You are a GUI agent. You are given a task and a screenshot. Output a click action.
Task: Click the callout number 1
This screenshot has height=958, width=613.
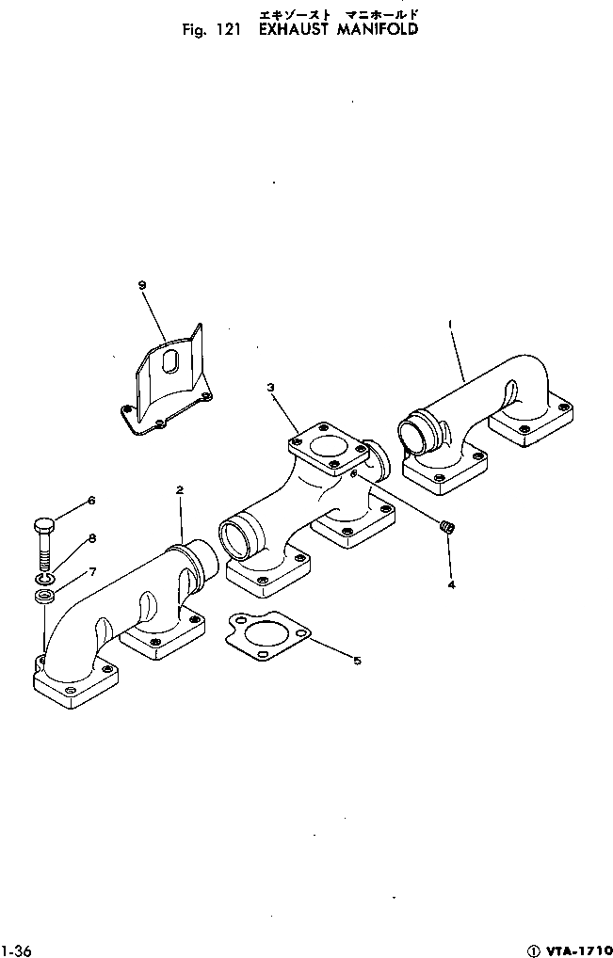pos(451,324)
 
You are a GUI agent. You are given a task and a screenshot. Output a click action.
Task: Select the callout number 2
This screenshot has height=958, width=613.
pos(179,489)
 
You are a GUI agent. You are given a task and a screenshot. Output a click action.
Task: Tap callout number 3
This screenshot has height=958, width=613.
pos(269,387)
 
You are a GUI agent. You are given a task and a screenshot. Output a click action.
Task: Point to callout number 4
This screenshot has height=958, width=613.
pos(451,584)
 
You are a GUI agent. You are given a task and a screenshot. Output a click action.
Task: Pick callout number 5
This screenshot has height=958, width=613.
pos(357,661)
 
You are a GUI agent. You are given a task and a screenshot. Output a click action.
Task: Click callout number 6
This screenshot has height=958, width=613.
pos(91,500)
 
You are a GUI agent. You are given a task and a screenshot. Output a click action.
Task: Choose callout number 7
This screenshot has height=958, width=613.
pos(91,571)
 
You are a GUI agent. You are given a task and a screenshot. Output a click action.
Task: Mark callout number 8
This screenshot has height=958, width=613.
pos(91,538)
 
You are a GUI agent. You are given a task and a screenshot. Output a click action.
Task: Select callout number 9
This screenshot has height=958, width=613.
pos(141,284)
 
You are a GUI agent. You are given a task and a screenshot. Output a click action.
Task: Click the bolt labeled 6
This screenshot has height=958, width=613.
pos(45,541)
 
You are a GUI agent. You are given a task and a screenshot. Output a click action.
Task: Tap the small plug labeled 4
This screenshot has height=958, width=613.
pos(448,530)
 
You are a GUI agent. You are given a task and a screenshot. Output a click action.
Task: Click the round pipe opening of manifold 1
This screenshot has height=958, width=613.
pos(413,436)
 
